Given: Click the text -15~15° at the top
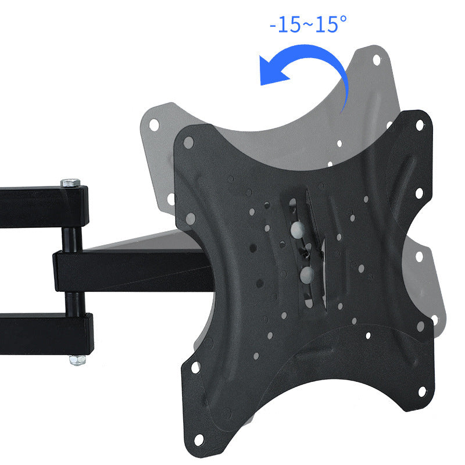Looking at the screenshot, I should [x=307, y=25].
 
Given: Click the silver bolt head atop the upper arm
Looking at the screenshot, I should [x=70, y=183].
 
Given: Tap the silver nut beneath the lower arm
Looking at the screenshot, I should [x=75, y=360].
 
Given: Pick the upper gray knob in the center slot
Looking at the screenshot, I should [x=297, y=228].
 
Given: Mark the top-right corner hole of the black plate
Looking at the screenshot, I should [x=419, y=124].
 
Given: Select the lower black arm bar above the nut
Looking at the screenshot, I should [x=35, y=334].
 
